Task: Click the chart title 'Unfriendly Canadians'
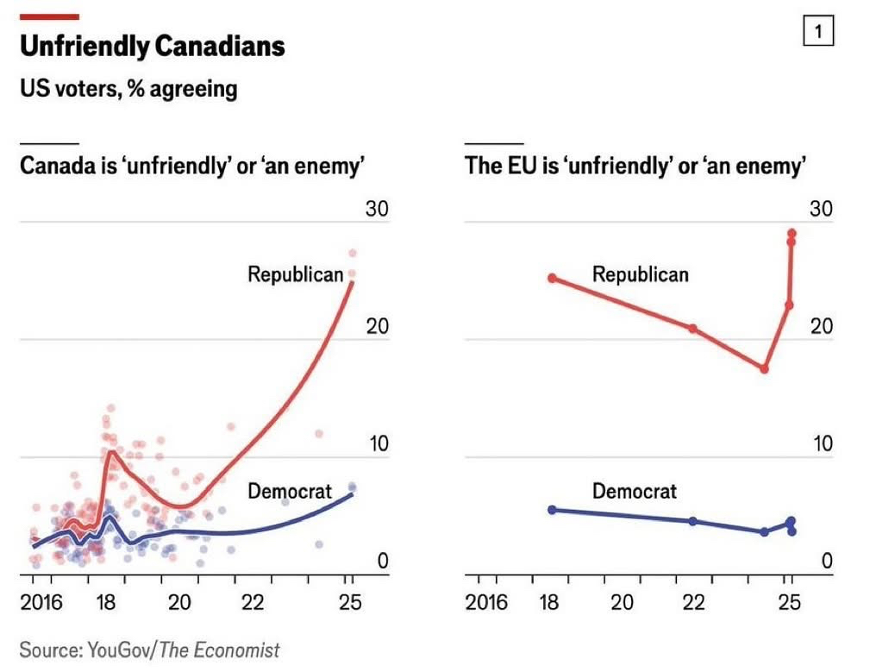(x=152, y=47)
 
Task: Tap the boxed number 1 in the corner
(x=818, y=33)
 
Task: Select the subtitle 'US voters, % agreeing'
(x=128, y=88)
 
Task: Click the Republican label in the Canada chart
(x=295, y=274)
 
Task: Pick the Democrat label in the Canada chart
(x=290, y=491)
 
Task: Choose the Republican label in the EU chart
(x=640, y=274)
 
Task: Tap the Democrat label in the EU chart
(x=635, y=491)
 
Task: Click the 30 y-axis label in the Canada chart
(x=376, y=210)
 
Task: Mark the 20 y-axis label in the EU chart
(x=821, y=327)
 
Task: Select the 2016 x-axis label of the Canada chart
(x=41, y=602)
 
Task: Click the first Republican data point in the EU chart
(x=552, y=278)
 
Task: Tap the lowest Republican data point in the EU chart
(x=764, y=368)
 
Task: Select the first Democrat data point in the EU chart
(x=552, y=510)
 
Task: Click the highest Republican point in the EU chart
(x=792, y=233)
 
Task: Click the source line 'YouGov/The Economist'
(x=150, y=650)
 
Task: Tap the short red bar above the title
(x=49, y=16)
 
